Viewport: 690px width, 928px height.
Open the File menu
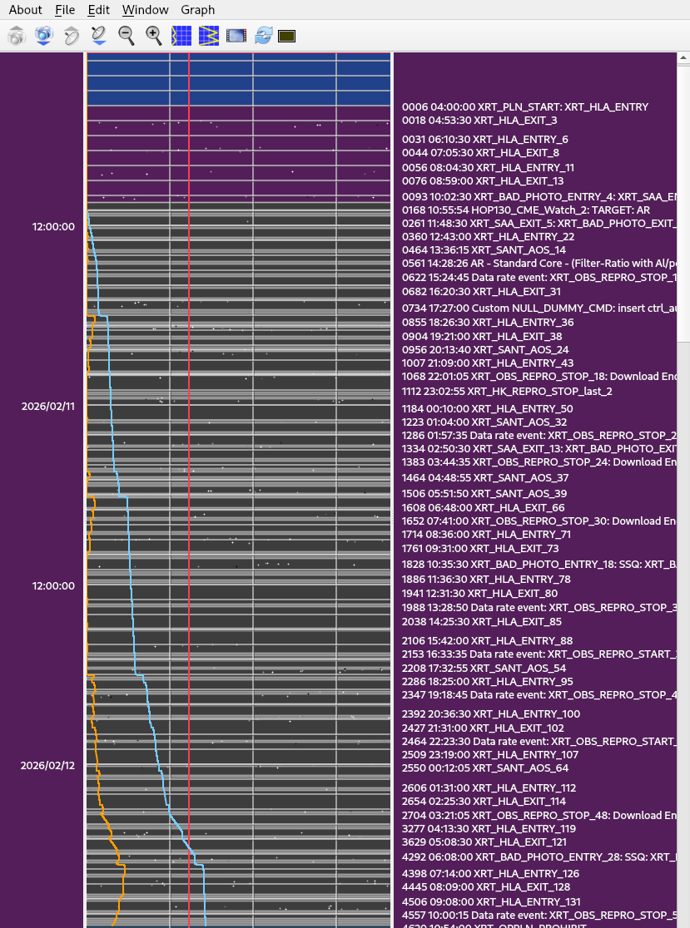(65, 10)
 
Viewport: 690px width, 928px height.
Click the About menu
(26, 10)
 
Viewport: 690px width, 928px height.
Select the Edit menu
(98, 10)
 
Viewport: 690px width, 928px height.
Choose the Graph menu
(197, 10)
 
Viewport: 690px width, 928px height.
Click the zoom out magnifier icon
(127, 35)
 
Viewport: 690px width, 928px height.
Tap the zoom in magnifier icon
(154, 35)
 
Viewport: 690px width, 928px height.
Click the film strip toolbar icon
(236, 36)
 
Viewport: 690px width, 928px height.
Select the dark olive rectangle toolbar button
(286, 36)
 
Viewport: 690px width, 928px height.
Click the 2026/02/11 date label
(47, 406)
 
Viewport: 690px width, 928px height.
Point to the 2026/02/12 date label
(47, 765)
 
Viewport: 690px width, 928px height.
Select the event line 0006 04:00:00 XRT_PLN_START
(524, 106)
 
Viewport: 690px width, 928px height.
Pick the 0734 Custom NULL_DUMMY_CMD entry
(540, 308)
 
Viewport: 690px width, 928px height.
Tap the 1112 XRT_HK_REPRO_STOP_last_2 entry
(507, 391)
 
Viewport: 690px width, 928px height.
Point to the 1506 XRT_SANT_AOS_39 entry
(484, 493)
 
